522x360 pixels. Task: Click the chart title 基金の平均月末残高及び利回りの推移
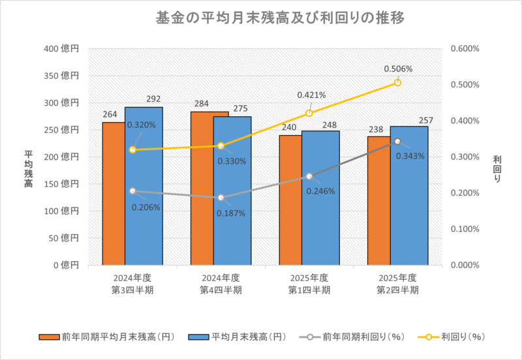[261, 18]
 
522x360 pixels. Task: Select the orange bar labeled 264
[114, 196]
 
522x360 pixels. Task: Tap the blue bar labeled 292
[144, 189]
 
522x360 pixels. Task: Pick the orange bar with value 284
[201, 189]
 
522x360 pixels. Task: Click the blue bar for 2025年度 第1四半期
[320, 199]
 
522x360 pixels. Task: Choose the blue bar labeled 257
[409, 196]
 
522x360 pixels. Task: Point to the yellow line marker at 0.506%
[397, 82]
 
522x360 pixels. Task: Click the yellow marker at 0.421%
[309, 113]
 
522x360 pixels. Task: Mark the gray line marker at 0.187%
[221, 198]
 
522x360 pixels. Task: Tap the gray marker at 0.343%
[397, 142]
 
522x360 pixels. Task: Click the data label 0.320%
[142, 125]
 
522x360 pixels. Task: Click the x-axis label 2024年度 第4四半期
[221, 284]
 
